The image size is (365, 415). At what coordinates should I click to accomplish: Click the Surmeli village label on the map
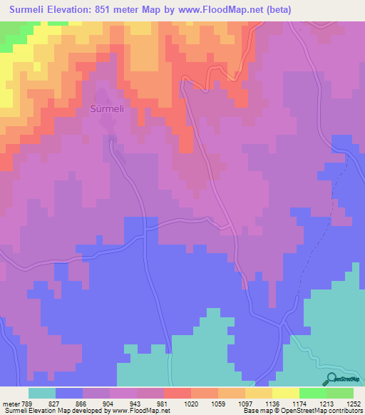point(107,110)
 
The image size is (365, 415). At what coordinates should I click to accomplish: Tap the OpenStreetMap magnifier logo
point(331,379)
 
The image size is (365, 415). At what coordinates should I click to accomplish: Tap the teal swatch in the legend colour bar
point(42,393)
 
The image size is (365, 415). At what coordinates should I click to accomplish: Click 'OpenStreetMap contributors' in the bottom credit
point(325,411)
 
